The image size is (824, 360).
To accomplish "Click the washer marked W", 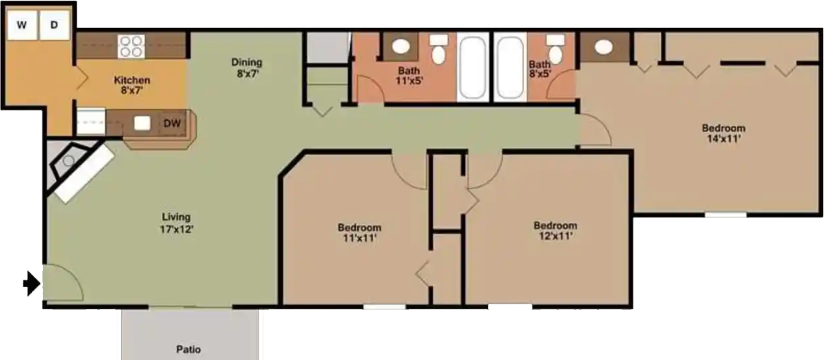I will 22,26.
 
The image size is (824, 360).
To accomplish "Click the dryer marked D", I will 54,26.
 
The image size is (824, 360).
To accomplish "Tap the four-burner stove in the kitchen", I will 131,46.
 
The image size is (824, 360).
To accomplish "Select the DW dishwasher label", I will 172,123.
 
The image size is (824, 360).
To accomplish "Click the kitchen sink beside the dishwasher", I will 142,123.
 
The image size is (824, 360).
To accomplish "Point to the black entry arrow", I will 31,283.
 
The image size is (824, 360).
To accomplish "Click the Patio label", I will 188,349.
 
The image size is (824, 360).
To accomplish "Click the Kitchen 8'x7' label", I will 131,86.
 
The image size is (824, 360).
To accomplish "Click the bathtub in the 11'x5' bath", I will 473,67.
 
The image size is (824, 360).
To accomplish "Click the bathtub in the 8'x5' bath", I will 509,67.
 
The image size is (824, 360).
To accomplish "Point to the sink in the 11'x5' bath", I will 400,47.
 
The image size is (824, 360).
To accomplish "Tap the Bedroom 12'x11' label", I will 555,231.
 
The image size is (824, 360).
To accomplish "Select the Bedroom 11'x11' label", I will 359,232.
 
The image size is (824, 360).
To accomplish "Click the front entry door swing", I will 62,281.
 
